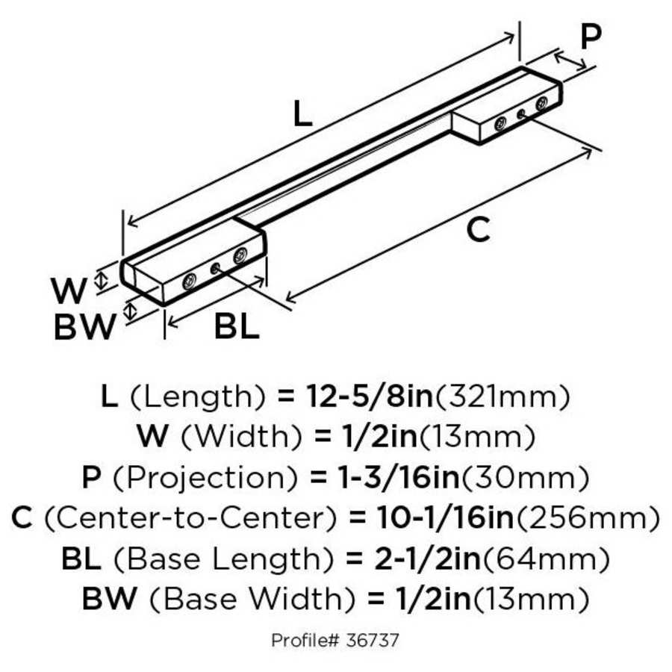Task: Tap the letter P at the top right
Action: pyautogui.click(x=590, y=37)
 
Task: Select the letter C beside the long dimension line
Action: pyautogui.click(x=478, y=231)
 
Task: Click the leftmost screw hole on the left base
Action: pyautogui.click(x=190, y=281)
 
